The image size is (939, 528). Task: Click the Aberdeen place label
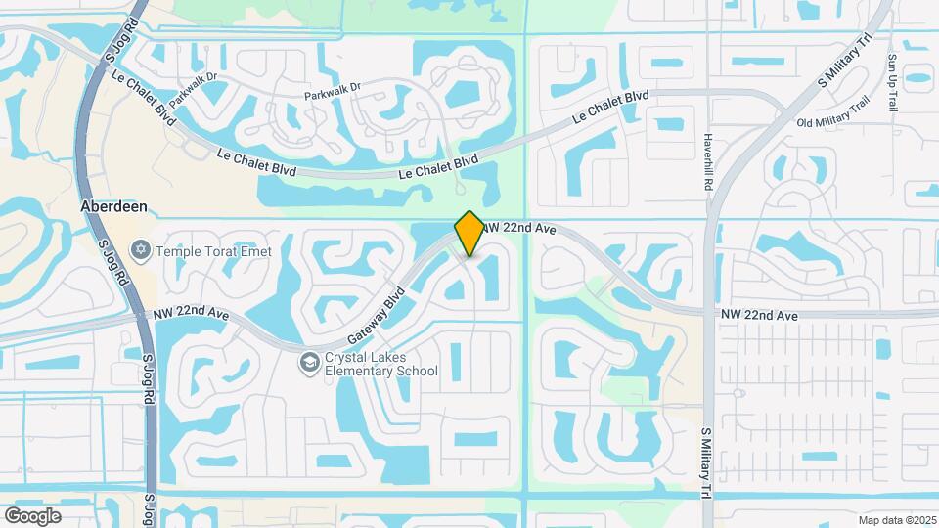115,208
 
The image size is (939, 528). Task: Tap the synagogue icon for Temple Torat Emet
142,251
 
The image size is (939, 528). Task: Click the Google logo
32,515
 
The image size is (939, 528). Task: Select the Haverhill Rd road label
708,161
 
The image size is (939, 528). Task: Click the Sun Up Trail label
892,82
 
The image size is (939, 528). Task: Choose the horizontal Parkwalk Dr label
333,86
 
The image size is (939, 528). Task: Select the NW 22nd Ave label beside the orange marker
520,228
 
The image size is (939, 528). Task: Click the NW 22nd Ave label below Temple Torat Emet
191,314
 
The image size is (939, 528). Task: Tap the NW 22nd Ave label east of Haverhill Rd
759,315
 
